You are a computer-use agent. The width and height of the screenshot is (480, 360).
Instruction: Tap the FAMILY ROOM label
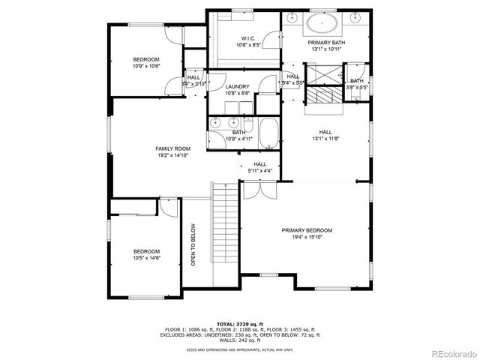pos(172,149)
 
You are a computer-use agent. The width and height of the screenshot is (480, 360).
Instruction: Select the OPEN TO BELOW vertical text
pos(193,245)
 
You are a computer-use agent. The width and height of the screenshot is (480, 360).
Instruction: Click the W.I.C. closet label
pos(249,38)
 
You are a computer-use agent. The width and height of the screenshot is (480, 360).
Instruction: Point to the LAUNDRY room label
pos(237,87)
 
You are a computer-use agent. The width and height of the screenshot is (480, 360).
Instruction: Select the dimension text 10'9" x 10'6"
pos(147,66)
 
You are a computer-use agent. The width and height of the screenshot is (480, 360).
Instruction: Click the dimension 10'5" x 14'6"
pos(147,258)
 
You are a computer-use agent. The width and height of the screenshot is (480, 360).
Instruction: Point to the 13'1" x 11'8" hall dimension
pos(326,138)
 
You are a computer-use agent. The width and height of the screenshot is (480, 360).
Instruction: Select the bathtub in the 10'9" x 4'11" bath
pos(268,133)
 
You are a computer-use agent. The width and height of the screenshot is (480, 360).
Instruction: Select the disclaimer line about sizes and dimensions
pos(240,349)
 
